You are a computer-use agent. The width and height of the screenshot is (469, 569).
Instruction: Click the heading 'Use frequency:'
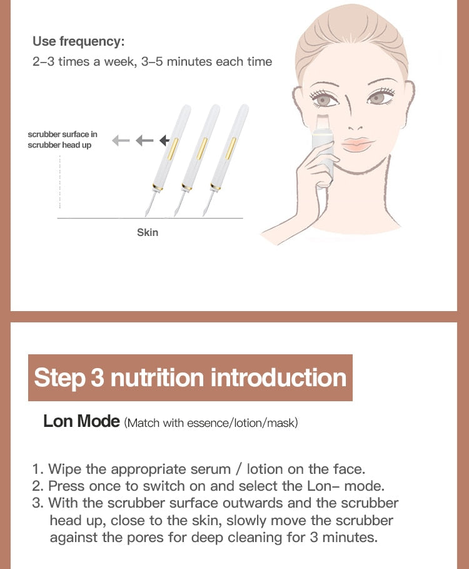(79, 42)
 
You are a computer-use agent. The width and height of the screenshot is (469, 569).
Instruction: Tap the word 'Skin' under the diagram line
(148, 232)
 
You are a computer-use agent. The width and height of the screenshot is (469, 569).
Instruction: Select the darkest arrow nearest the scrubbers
(165, 140)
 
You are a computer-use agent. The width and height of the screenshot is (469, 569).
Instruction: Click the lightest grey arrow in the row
(121, 140)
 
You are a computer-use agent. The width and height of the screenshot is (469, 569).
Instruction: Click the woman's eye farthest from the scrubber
(377, 98)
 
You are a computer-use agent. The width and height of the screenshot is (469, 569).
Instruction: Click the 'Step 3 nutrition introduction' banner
(190, 378)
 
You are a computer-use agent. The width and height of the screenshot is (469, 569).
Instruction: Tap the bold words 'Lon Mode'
(81, 421)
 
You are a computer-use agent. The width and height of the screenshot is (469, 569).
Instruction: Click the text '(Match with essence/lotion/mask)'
(211, 423)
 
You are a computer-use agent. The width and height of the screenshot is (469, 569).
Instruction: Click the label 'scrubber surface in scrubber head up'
(63, 140)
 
